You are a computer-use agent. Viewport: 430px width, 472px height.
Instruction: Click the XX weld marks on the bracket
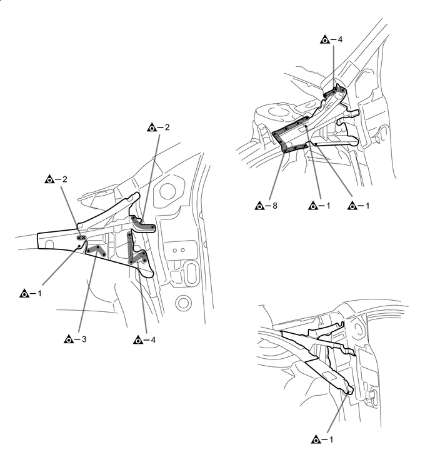tap(80, 238)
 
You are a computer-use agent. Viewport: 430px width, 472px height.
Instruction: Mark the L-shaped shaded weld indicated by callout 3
tap(95, 251)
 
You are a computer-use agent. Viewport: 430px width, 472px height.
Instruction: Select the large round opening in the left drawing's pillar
tap(167, 190)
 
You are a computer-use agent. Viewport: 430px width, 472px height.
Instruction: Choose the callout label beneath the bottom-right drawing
tap(322, 440)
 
